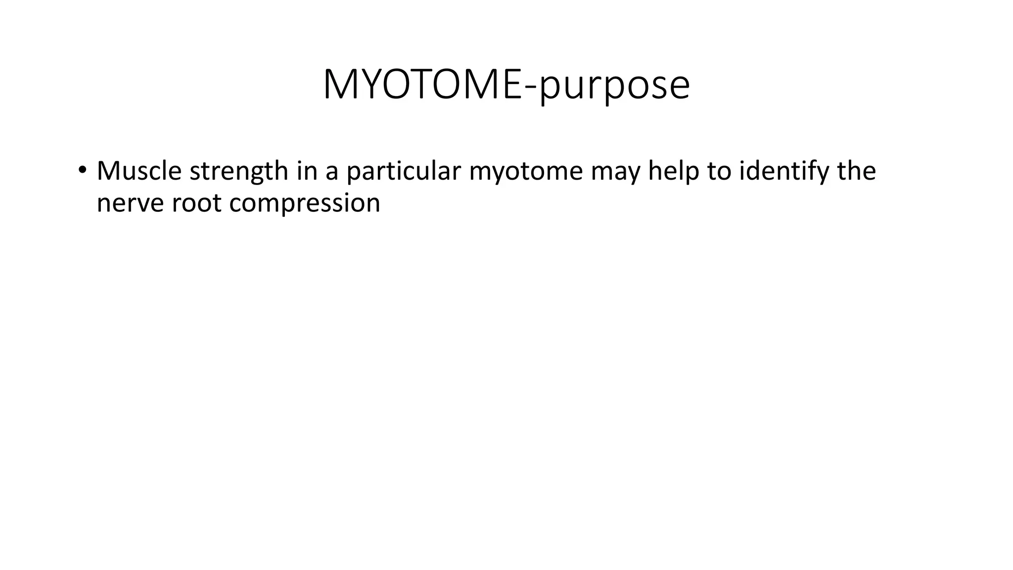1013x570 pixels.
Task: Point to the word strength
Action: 239,171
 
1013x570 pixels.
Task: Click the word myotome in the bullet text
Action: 526,171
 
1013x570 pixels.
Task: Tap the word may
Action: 615,171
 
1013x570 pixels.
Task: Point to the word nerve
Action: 130,203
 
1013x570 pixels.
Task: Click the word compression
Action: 305,203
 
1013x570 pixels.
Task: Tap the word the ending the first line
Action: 856,171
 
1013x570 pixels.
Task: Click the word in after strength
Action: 307,171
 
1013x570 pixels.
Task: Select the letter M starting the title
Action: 340,85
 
